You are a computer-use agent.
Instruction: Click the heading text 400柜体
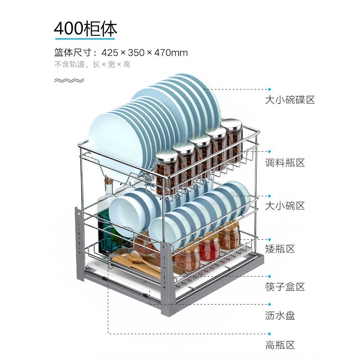[x=85, y=28]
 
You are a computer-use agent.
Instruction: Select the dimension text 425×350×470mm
[x=144, y=53]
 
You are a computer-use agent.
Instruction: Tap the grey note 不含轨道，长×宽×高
[x=92, y=64]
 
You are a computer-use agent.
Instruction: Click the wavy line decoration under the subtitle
[x=69, y=81]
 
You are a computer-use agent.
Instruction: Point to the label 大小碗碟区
[x=290, y=100]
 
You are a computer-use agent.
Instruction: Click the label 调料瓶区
[x=285, y=162]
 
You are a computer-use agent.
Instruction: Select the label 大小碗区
[x=285, y=206]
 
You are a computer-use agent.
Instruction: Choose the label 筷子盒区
[x=285, y=287]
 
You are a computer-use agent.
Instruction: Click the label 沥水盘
[x=280, y=315]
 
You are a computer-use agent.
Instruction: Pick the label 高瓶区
[x=280, y=346]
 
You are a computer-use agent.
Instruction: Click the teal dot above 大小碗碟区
[x=270, y=90]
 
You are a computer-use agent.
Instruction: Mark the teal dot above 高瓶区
[x=270, y=333]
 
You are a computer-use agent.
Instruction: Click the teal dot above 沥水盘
[x=270, y=304]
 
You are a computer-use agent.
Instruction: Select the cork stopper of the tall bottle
[x=108, y=182]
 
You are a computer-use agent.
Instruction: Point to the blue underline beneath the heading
[x=85, y=39]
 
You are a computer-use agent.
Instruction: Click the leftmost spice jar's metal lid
[x=166, y=156]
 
